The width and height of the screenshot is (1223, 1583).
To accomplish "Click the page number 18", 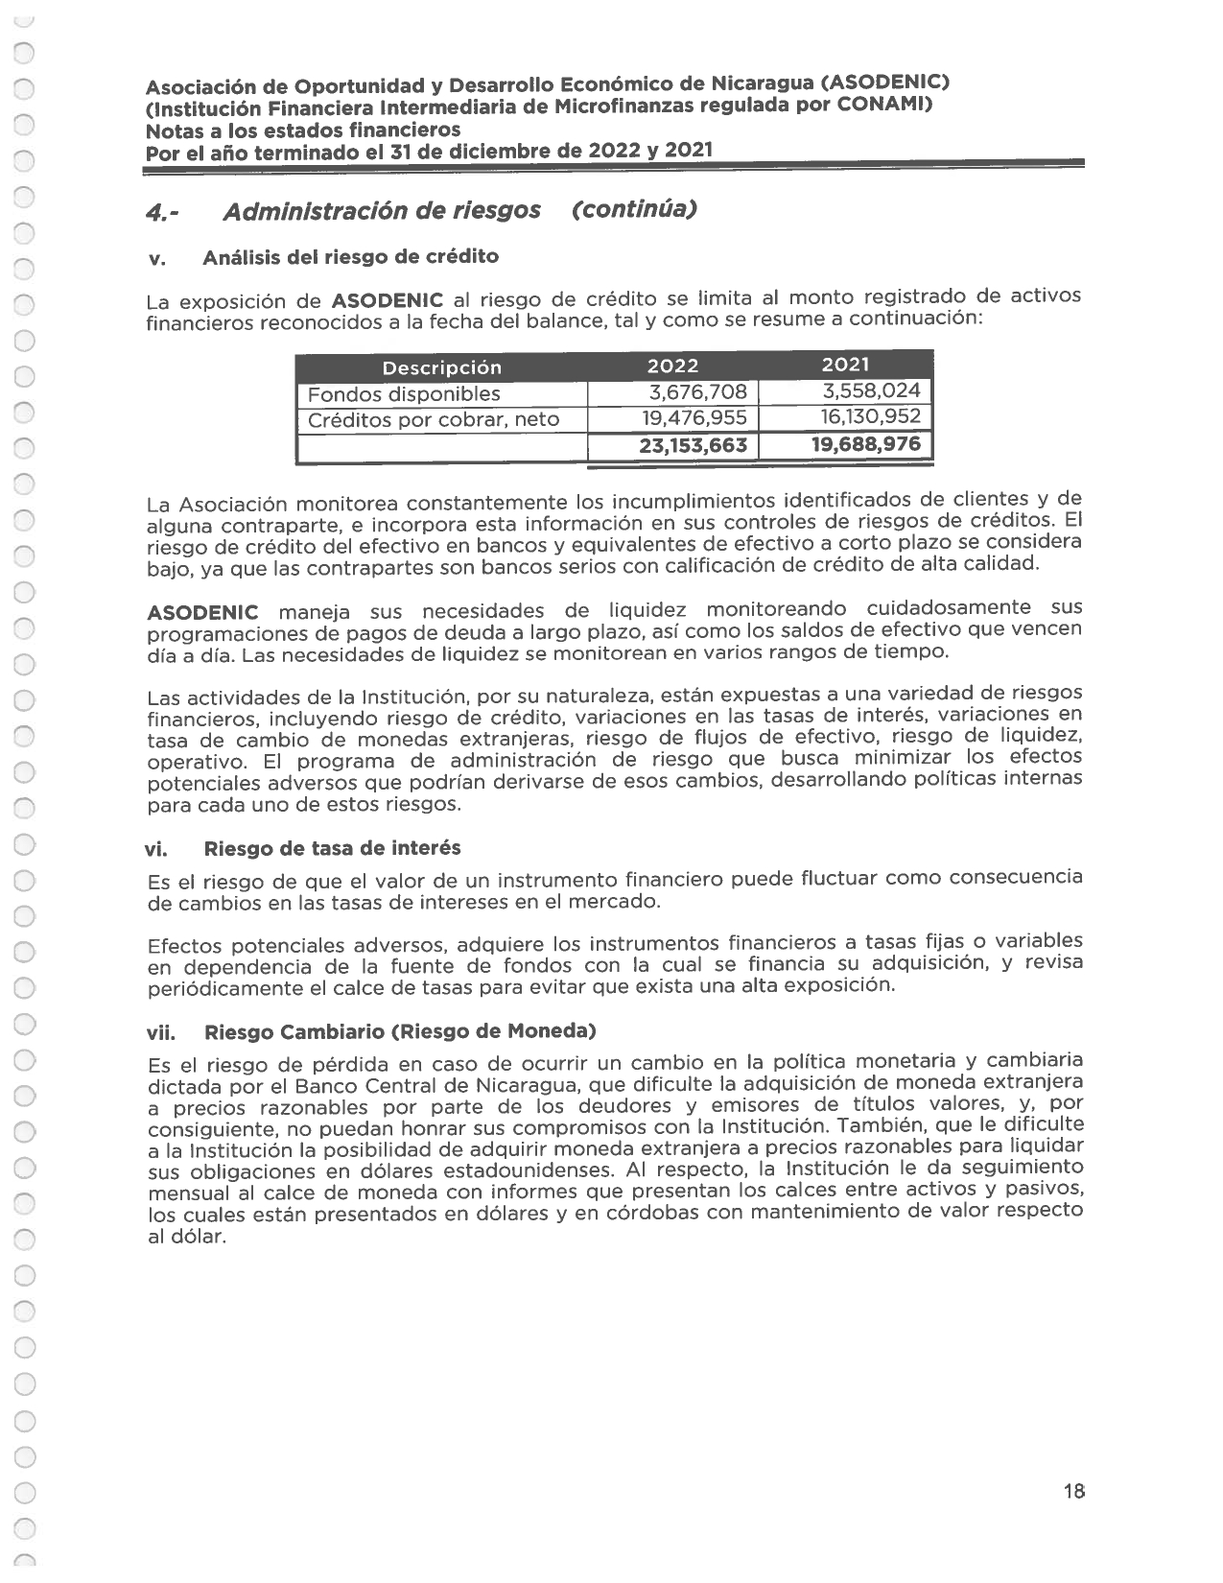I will tap(1073, 1491).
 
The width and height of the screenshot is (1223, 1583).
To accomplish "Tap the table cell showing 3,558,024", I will tap(871, 390).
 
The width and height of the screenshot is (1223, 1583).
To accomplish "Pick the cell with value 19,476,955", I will tap(694, 418).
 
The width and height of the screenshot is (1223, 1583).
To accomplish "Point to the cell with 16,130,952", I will tap(870, 416).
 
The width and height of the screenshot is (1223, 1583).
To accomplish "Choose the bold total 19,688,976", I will tap(865, 443).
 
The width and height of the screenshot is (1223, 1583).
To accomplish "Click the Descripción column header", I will tap(441, 367).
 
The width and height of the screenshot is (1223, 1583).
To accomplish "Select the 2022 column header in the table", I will tap(672, 366).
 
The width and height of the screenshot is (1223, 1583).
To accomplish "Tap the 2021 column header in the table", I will tap(845, 365).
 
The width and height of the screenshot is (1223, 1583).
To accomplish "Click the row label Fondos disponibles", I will tap(404, 394).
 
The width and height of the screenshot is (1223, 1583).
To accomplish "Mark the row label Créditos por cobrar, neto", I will tap(433, 420).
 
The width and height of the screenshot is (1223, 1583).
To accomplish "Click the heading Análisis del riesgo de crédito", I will tap(350, 257).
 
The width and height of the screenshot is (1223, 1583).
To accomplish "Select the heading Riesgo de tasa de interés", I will tap(332, 848).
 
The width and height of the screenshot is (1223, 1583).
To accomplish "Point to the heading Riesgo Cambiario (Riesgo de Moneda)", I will tap(400, 1032).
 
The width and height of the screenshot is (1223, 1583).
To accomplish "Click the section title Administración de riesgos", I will tap(381, 211).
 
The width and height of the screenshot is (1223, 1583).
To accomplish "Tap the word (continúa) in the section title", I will tap(633, 208).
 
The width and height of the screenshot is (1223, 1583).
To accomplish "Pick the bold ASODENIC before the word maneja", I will tap(202, 612).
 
